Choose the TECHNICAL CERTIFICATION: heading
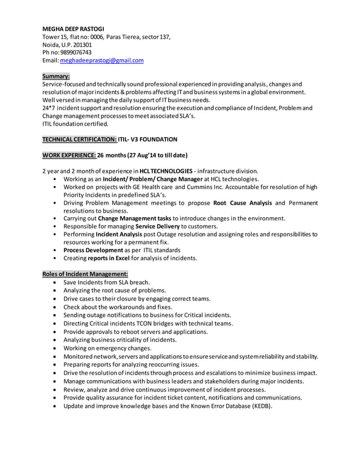pyautogui.click(x=80, y=139)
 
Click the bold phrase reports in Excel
pyautogui.click(x=107, y=258)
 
